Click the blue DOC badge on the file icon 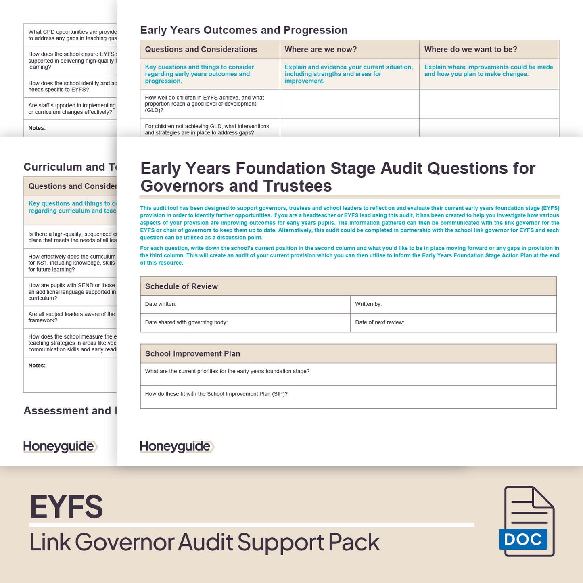point(523,539)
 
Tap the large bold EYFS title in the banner point(67,507)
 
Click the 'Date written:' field point(245,304)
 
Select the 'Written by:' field point(453,304)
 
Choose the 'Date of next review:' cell point(453,322)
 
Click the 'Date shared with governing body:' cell point(245,322)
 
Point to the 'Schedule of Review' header point(182,286)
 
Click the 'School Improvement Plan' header point(192,354)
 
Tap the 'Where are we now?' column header point(321,50)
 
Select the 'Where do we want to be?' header point(470,50)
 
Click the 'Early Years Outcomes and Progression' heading point(244,30)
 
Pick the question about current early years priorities point(227,372)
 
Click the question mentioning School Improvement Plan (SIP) point(216,394)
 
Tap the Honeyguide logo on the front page point(176,446)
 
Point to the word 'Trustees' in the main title point(297,186)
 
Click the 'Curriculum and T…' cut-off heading point(70,167)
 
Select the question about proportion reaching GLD point(205,104)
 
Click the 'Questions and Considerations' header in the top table point(201,50)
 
